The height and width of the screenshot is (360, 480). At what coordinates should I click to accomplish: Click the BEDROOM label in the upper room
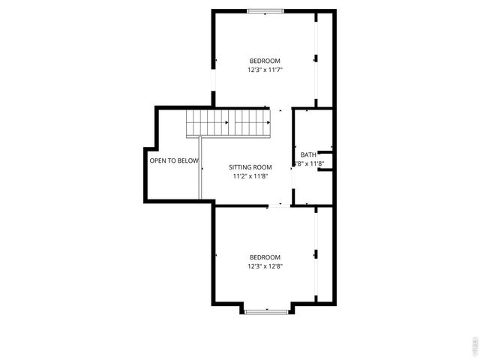[265, 61]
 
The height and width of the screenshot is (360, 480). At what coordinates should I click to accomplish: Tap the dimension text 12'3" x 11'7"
[265, 70]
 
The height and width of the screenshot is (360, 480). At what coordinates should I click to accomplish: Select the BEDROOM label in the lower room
[265, 256]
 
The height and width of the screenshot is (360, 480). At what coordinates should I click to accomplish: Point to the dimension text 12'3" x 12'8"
[265, 265]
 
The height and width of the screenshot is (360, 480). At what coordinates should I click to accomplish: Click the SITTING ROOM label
[250, 167]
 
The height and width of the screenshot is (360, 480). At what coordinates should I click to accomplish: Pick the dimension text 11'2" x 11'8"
[250, 176]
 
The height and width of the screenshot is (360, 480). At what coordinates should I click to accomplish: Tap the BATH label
[309, 155]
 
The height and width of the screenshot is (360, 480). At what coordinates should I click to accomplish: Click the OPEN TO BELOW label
[174, 160]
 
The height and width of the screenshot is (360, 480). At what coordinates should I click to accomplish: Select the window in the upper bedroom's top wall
[265, 11]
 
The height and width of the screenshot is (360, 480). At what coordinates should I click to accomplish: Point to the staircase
[228, 122]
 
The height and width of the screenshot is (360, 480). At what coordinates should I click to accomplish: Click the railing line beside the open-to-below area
[200, 169]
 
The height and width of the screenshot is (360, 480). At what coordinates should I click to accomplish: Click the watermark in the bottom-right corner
[473, 346]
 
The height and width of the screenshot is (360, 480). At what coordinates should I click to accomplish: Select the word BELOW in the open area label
[188, 160]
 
